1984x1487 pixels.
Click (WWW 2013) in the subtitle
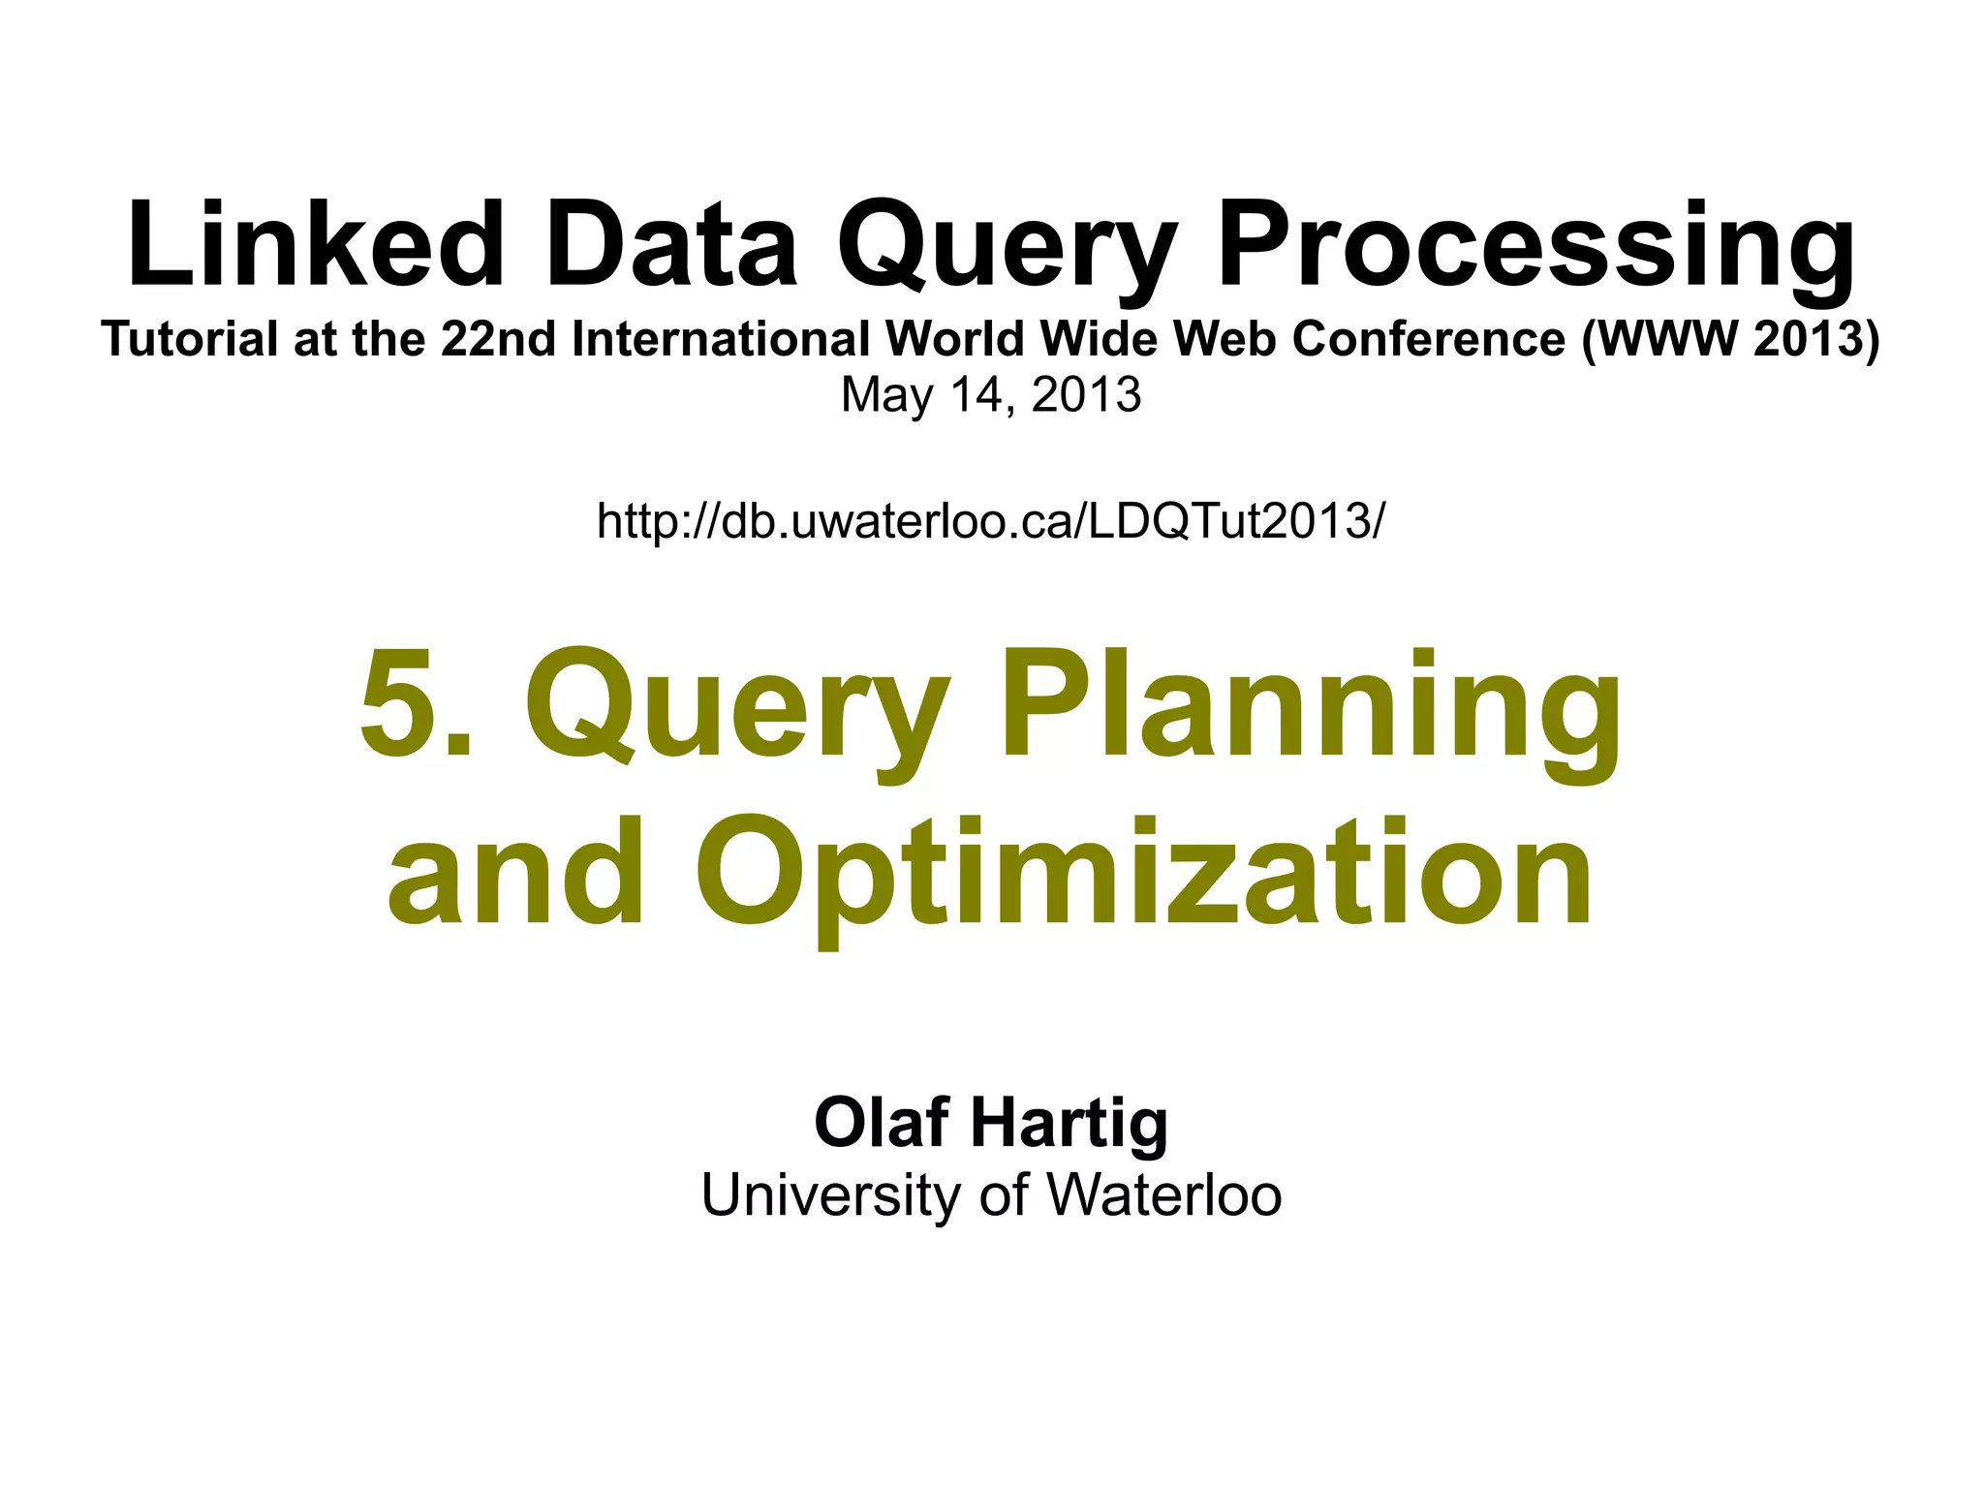(x=1730, y=339)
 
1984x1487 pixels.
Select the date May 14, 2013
(x=991, y=394)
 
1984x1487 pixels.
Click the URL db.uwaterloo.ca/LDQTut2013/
(x=991, y=520)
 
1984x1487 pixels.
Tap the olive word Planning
(x=1310, y=707)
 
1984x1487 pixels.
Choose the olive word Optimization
(x=1143, y=872)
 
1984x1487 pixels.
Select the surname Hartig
(x=1069, y=1124)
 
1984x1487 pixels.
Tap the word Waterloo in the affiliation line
(x=1163, y=1195)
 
